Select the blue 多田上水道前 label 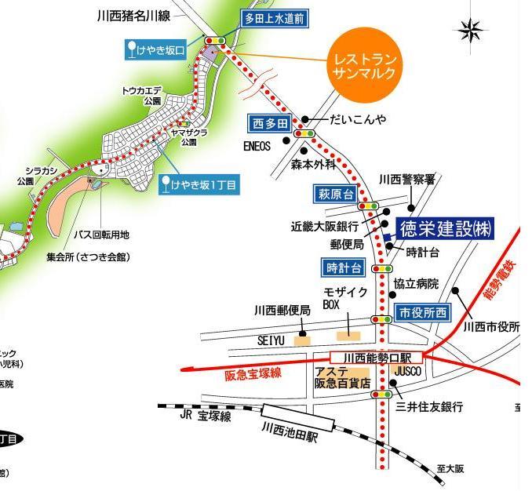coord(274,19)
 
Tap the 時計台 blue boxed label coord(344,267)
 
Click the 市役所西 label coord(422,312)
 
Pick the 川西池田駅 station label coord(292,432)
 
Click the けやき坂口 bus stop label coord(161,51)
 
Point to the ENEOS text coord(257,146)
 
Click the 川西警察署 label coord(406,179)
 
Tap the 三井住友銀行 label coord(429,406)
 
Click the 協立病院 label coord(416,283)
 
